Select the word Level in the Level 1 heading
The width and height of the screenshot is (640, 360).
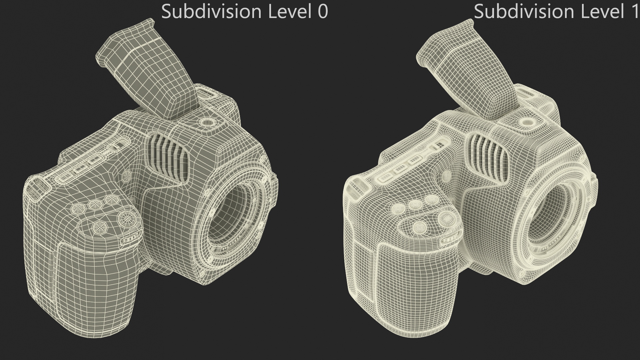(x=598, y=12)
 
